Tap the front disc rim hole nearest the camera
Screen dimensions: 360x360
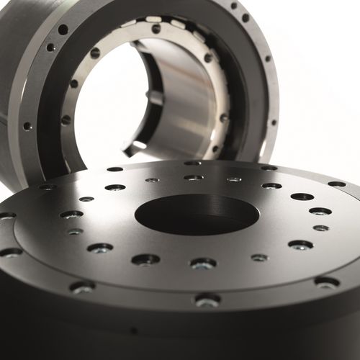tap(207, 300)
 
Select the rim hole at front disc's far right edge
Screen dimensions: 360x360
tap(336, 184)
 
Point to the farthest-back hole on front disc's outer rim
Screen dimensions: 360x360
tap(192, 163)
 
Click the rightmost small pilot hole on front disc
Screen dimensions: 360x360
tap(320, 228)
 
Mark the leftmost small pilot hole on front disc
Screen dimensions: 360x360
tap(75, 231)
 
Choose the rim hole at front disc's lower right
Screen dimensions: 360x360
tap(326, 282)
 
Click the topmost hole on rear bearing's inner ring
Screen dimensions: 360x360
tap(156, 29)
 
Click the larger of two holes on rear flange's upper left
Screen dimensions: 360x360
tap(63, 30)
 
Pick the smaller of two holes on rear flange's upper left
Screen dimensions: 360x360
tap(50, 48)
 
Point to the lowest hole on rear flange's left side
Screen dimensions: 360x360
tap(27, 126)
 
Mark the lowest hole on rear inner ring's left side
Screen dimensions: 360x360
tap(66, 120)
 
